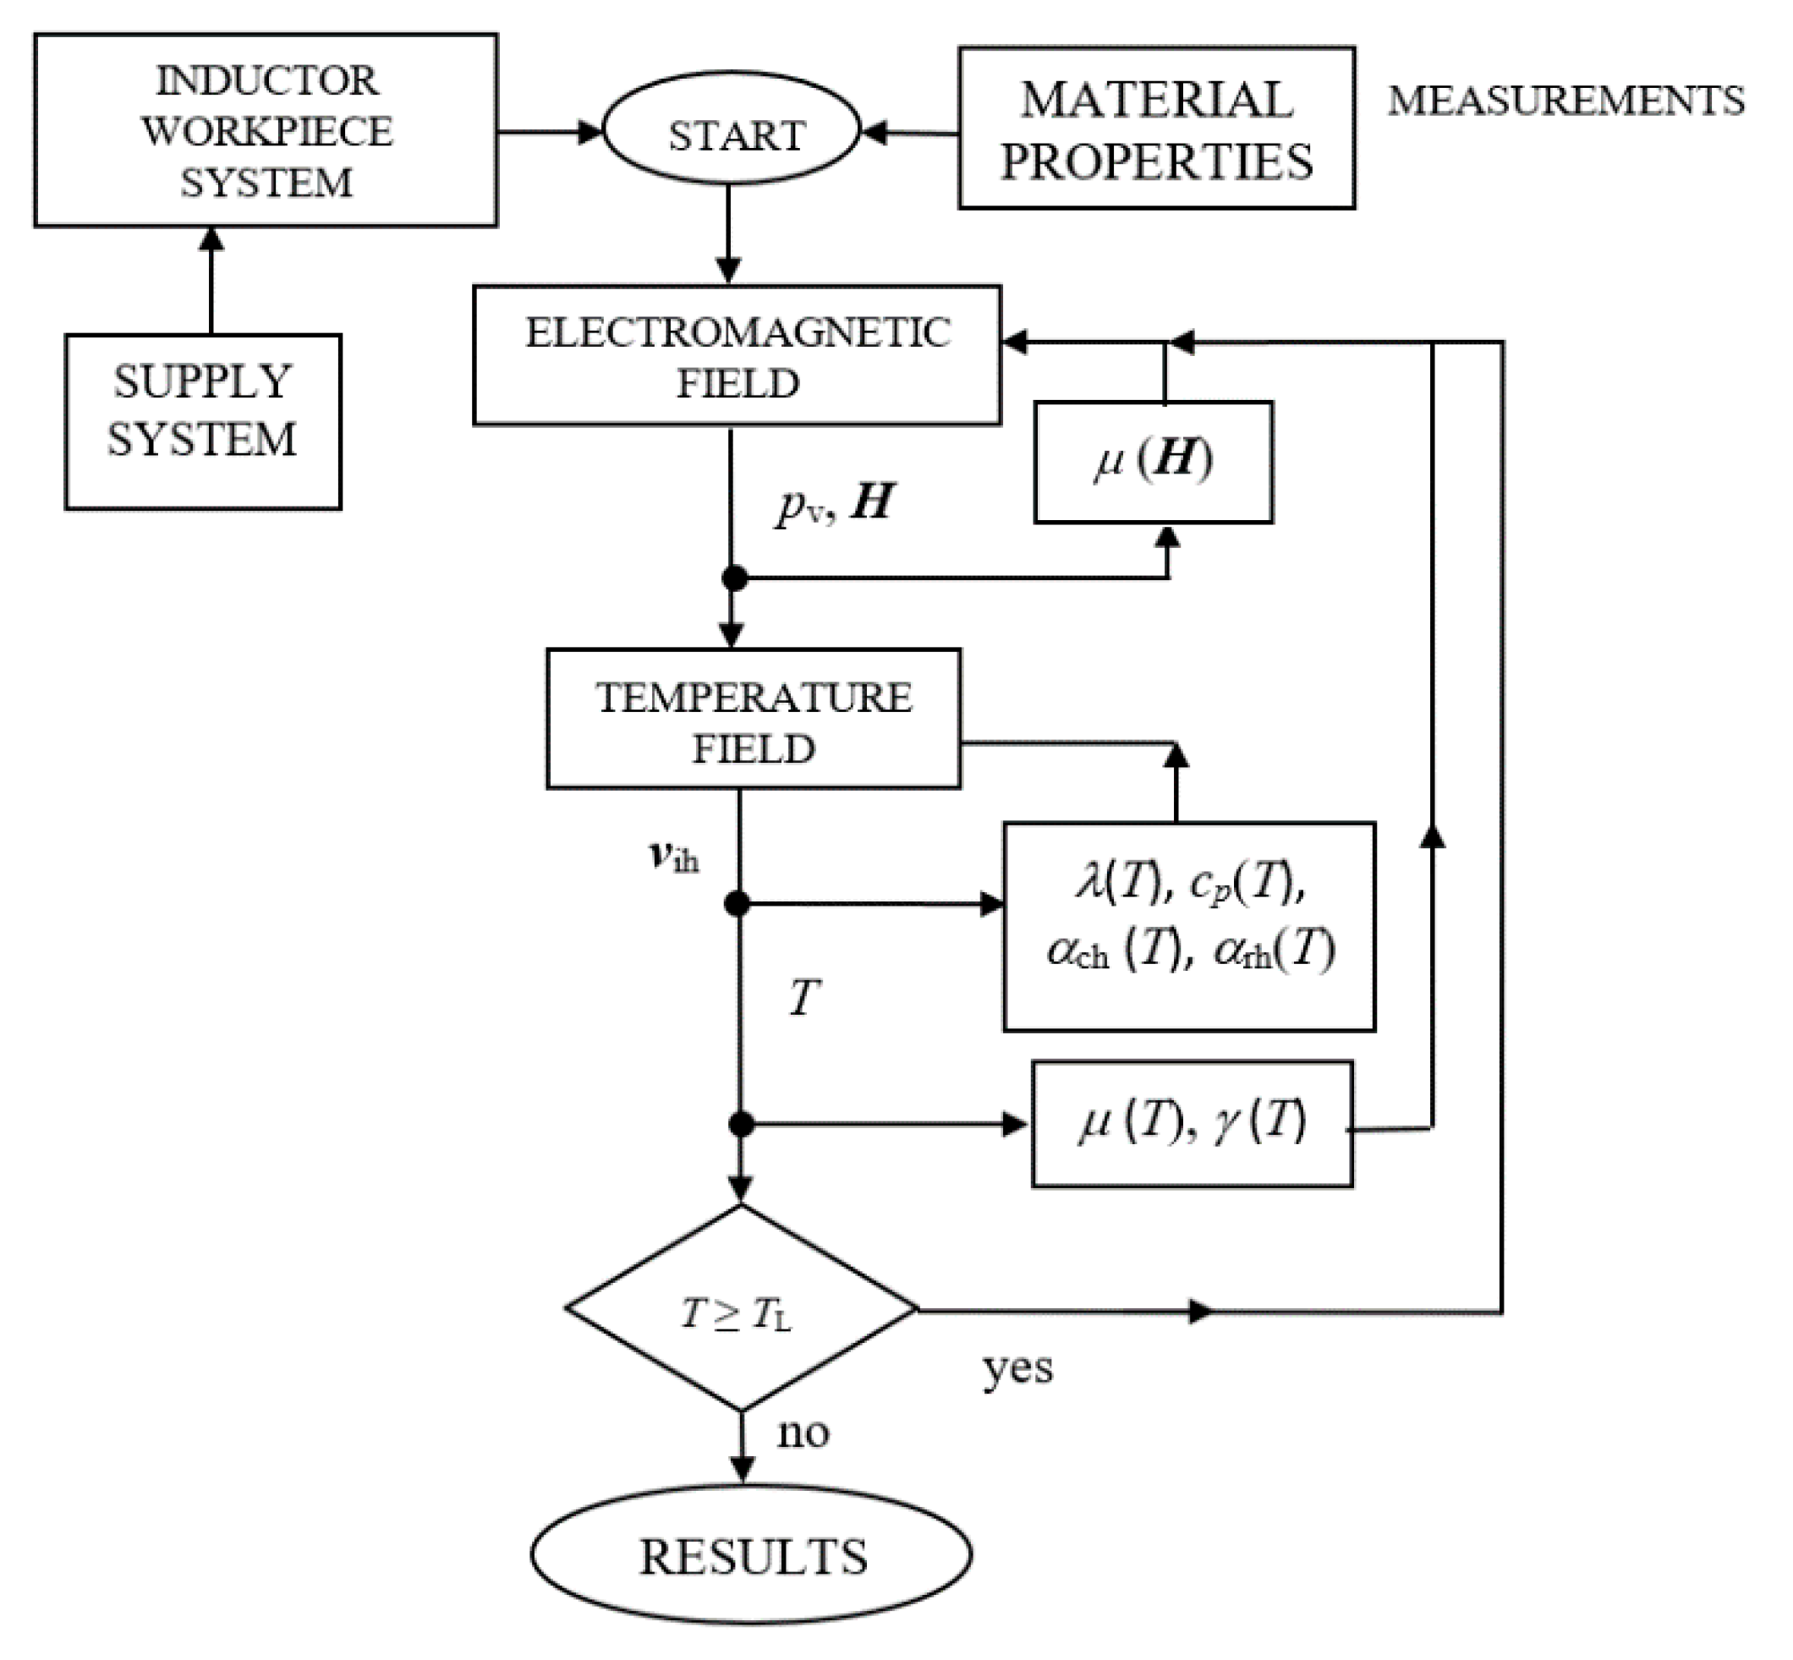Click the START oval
pos(732,131)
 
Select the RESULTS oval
pos(751,1556)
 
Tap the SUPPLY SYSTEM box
pos(203,421)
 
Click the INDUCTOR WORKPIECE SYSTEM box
pos(266,130)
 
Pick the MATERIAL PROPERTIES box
pos(1156,129)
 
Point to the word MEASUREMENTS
pos(1565,101)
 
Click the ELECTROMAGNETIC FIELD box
pos(737,356)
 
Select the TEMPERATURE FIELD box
pos(753,719)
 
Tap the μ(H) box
pos(1154,461)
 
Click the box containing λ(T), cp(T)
pos(1188,926)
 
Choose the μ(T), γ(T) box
pos(1191,1124)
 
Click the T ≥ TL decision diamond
pos(740,1311)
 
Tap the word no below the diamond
pos(802,1432)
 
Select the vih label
pos(674,856)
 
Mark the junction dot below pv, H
pos(734,578)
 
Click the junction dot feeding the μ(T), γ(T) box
pos(740,1124)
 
